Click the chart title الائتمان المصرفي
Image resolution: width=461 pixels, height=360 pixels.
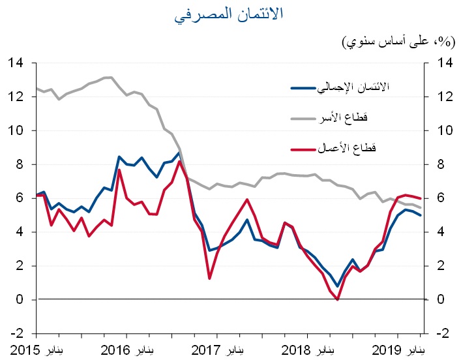[230, 14]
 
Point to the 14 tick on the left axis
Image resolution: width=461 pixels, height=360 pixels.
[16, 63]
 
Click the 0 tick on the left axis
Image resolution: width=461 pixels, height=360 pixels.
[20, 300]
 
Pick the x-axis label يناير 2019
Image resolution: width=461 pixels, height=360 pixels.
[399, 348]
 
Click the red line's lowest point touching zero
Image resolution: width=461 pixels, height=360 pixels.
[337, 299]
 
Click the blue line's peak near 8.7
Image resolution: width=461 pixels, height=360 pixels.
[179, 153]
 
